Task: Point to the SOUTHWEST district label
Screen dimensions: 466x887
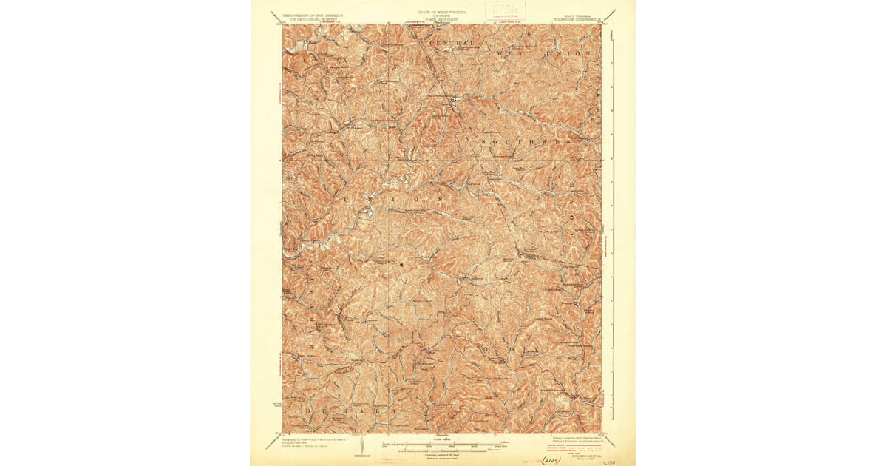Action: [x=525, y=140]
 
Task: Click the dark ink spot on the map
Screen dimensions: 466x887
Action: [x=401, y=263]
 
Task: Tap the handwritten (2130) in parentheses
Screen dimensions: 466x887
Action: [x=551, y=458]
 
